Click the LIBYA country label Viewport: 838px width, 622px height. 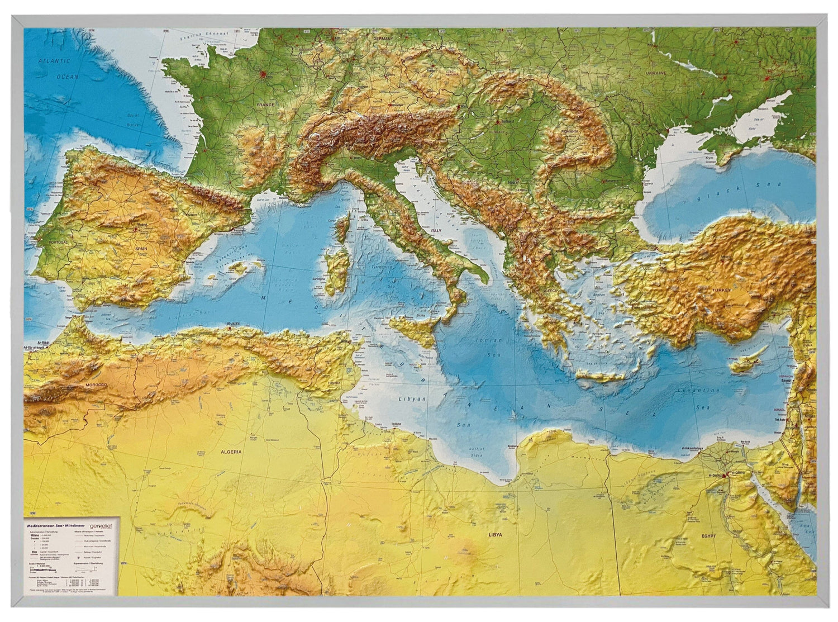[495, 534]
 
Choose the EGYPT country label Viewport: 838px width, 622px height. [708, 536]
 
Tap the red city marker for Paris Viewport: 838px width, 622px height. [261, 73]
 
